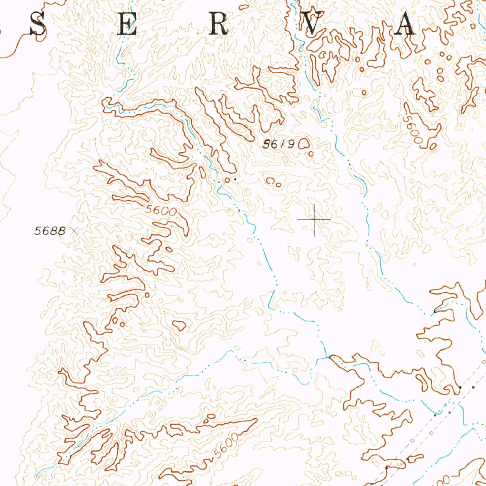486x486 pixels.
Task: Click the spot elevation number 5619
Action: tap(279, 144)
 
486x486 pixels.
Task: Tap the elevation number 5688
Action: tap(49, 231)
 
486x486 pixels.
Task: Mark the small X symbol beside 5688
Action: tap(73, 231)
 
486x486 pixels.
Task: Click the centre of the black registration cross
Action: tap(315, 219)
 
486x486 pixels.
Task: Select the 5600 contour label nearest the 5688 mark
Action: tap(161, 211)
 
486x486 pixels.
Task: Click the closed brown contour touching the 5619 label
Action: tap(304, 143)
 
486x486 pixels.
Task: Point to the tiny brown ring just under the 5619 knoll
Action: tap(311, 153)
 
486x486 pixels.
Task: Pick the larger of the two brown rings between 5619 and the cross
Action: tap(271, 180)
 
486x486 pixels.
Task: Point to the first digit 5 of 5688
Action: tap(37, 231)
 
